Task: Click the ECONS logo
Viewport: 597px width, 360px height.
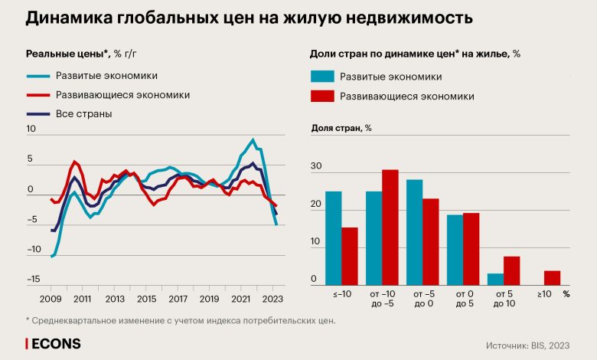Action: tap(54, 344)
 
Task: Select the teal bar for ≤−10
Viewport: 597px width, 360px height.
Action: tap(333, 238)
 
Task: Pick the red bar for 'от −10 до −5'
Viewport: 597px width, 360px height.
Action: tap(390, 227)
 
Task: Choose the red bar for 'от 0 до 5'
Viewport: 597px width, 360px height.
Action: tap(471, 249)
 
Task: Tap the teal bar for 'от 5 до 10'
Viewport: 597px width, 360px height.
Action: tap(496, 279)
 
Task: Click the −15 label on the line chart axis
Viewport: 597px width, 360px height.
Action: tap(33, 280)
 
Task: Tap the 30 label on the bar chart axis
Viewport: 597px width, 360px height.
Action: tap(317, 167)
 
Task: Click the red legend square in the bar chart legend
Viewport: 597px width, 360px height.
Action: tap(322, 97)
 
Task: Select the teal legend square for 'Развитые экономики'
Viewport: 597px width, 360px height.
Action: tap(322, 77)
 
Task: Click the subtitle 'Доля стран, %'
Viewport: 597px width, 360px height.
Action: tap(341, 128)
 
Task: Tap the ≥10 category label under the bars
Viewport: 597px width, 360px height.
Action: tap(543, 293)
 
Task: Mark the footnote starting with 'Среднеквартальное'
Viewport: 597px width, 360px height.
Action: tap(184, 320)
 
